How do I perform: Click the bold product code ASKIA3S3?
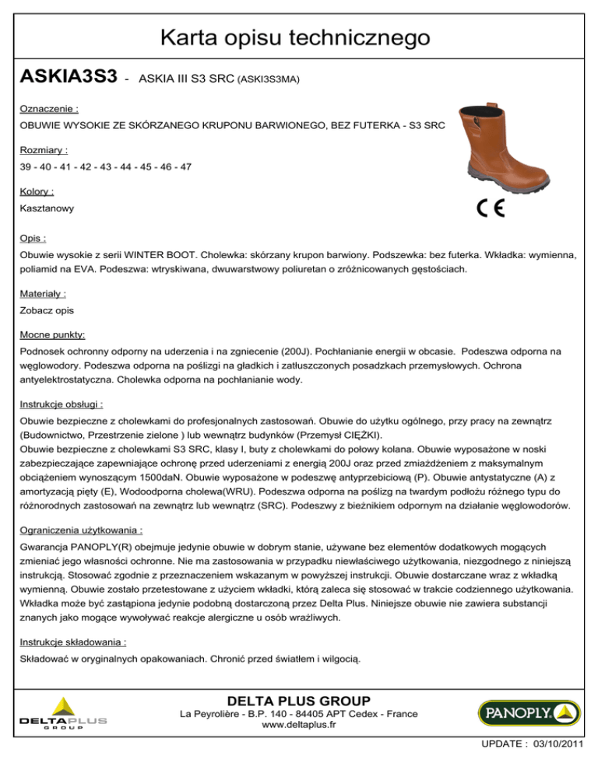69,76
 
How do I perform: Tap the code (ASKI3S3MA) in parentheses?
269,79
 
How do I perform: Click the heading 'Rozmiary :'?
44,150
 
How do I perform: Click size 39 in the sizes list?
27,167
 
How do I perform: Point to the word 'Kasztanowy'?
47,209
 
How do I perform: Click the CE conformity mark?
490,208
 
